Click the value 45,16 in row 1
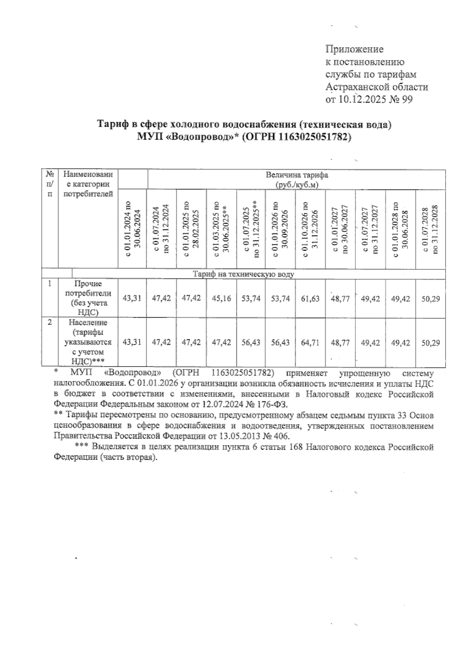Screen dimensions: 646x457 click(221, 299)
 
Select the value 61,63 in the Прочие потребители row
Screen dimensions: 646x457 click(310, 299)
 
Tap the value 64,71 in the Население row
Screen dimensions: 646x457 click(310, 342)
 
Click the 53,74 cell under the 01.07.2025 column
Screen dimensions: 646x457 click(251, 299)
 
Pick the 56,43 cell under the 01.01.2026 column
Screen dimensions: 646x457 click(281, 342)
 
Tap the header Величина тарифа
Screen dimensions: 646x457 click(297, 175)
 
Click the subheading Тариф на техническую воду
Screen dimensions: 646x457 click(243, 274)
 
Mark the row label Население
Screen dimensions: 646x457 click(88, 323)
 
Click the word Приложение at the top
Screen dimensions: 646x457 click(354, 49)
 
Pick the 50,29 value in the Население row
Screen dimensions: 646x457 click(430, 342)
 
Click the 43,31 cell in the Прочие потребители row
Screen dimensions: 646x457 click(132, 299)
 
